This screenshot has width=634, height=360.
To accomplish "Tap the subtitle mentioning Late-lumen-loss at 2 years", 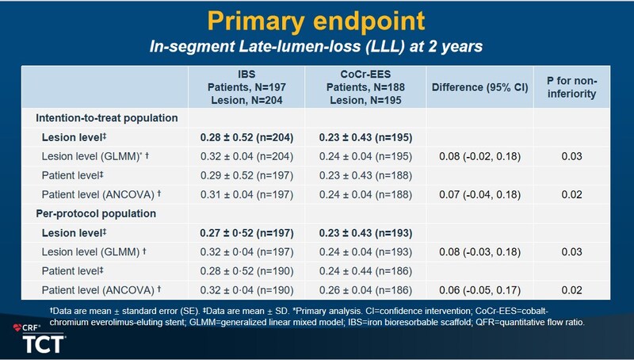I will [x=316, y=47].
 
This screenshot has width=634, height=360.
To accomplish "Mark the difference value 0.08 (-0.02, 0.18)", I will [x=479, y=157].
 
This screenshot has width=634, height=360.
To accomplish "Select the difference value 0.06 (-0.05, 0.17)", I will [x=479, y=291].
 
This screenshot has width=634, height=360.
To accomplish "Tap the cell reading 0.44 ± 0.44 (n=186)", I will [x=367, y=272].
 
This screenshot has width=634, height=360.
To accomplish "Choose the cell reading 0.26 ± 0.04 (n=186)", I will [x=367, y=291].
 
